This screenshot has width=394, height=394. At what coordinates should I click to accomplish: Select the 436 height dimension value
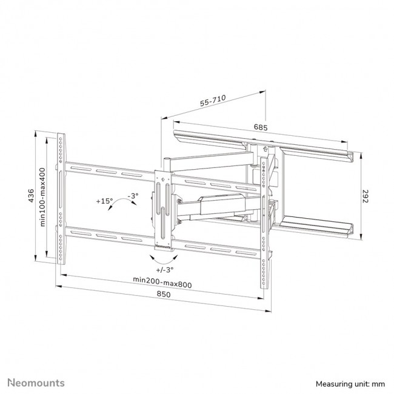click(30, 197)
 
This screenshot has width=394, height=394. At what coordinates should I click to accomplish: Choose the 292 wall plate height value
click(366, 197)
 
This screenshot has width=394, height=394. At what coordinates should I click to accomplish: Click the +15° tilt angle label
click(104, 200)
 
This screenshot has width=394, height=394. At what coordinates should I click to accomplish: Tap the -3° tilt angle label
click(132, 195)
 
